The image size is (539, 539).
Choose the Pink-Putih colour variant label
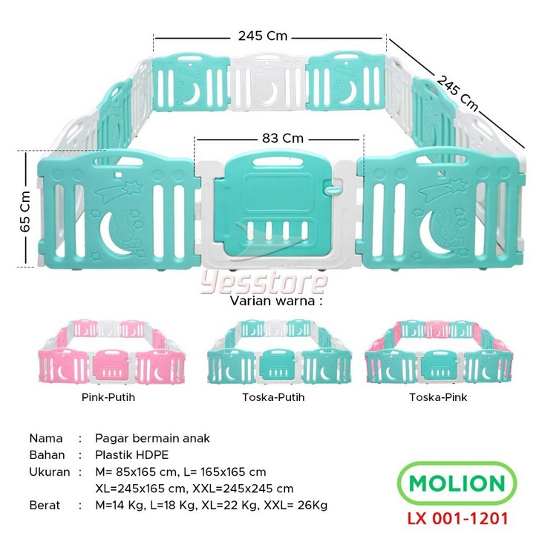[108, 397]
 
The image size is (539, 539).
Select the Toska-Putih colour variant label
[273, 397]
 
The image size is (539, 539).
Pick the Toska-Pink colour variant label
[438, 397]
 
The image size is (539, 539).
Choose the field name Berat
[46, 505]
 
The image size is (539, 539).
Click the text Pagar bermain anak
[153, 438]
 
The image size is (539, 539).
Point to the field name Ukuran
[50, 471]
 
